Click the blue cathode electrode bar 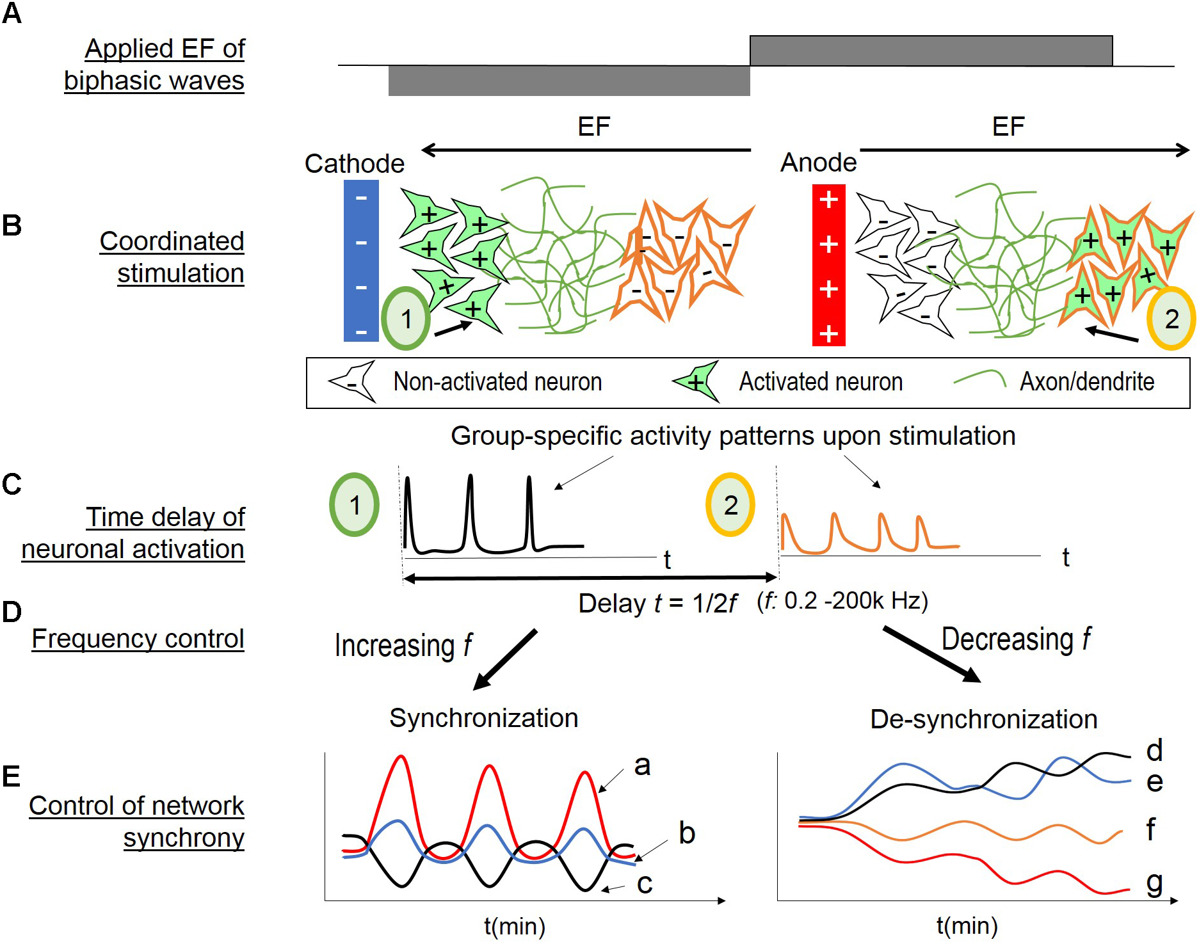361,260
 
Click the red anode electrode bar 828,265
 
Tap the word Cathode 354,164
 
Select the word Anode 818,163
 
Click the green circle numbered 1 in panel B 406,318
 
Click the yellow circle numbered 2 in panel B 1171,318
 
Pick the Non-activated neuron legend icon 353,382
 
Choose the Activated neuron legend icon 697,382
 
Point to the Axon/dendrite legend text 1086,381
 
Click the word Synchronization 483,718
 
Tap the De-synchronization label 983,719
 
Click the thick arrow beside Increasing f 505,659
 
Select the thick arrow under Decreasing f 931,655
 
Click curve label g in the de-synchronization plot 1154,884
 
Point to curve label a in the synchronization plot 642,765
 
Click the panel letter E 12,776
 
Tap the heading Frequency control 138,639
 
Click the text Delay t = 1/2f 657,604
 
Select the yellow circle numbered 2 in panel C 730,505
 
